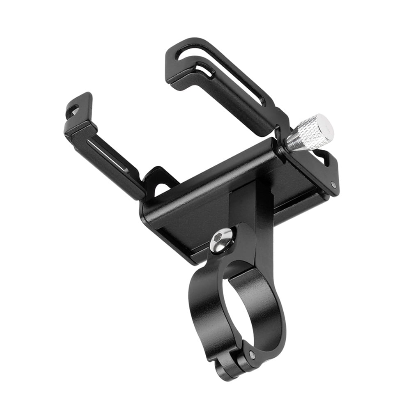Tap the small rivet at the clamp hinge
[252, 354]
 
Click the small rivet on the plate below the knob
[333, 185]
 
